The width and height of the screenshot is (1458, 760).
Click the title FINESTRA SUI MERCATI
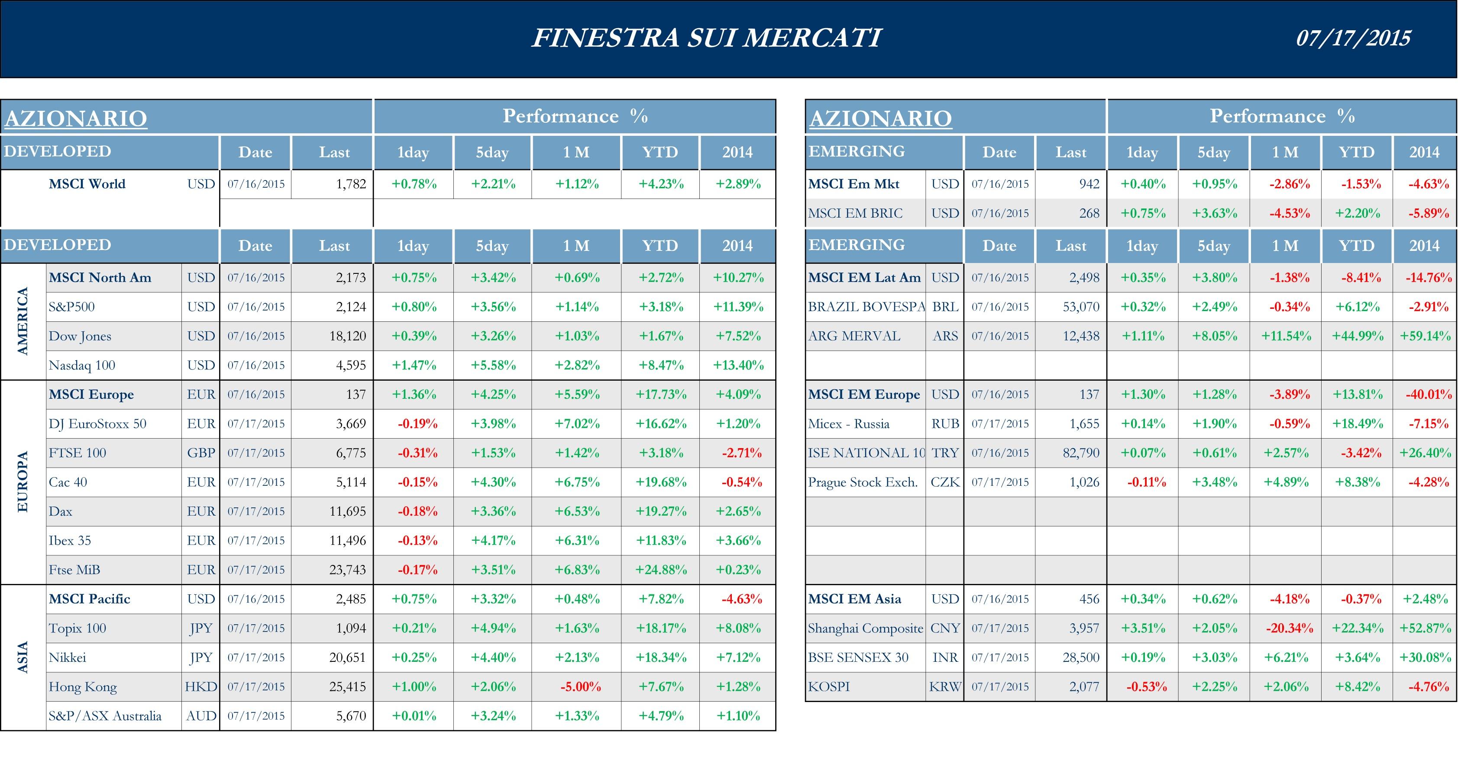[x=706, y=38]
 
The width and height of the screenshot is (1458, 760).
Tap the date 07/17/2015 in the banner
[x=1353, y=38]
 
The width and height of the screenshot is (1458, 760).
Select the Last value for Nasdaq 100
[x=351, y=366]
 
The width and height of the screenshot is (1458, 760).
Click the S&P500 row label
[x=72, y=307]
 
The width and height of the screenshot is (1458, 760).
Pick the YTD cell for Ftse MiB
[x=661, y=570]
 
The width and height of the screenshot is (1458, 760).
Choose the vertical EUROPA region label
[x=23, y=482]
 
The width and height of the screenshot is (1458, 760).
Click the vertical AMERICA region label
[x=23, y=321]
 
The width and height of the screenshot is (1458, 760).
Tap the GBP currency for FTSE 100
[x=201, y=453]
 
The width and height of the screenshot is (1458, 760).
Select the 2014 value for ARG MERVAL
[x=1425, y=337]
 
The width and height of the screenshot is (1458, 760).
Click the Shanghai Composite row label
[x=865, y=628]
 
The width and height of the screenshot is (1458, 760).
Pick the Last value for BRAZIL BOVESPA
[x=1080, y=307]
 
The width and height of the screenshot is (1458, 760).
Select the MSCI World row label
[x=87, y=184]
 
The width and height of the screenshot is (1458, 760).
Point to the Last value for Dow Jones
[x=348, y=337]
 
